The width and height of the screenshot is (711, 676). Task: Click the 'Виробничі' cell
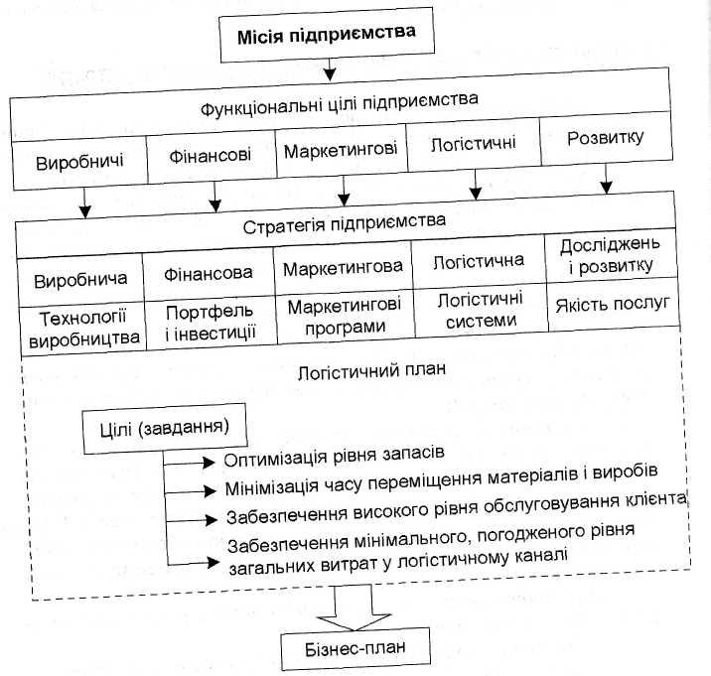pos(78,161)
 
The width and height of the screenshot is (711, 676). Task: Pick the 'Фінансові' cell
pos(210,157)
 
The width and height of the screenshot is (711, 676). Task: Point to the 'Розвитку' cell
pos(606,138)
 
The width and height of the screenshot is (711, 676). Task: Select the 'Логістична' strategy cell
pos(478,264)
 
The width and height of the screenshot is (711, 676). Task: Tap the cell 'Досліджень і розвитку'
pos(606,255)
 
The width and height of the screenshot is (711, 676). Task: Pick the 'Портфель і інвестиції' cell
pos(210,323)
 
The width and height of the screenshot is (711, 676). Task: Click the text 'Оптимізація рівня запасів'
pos(333,458)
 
